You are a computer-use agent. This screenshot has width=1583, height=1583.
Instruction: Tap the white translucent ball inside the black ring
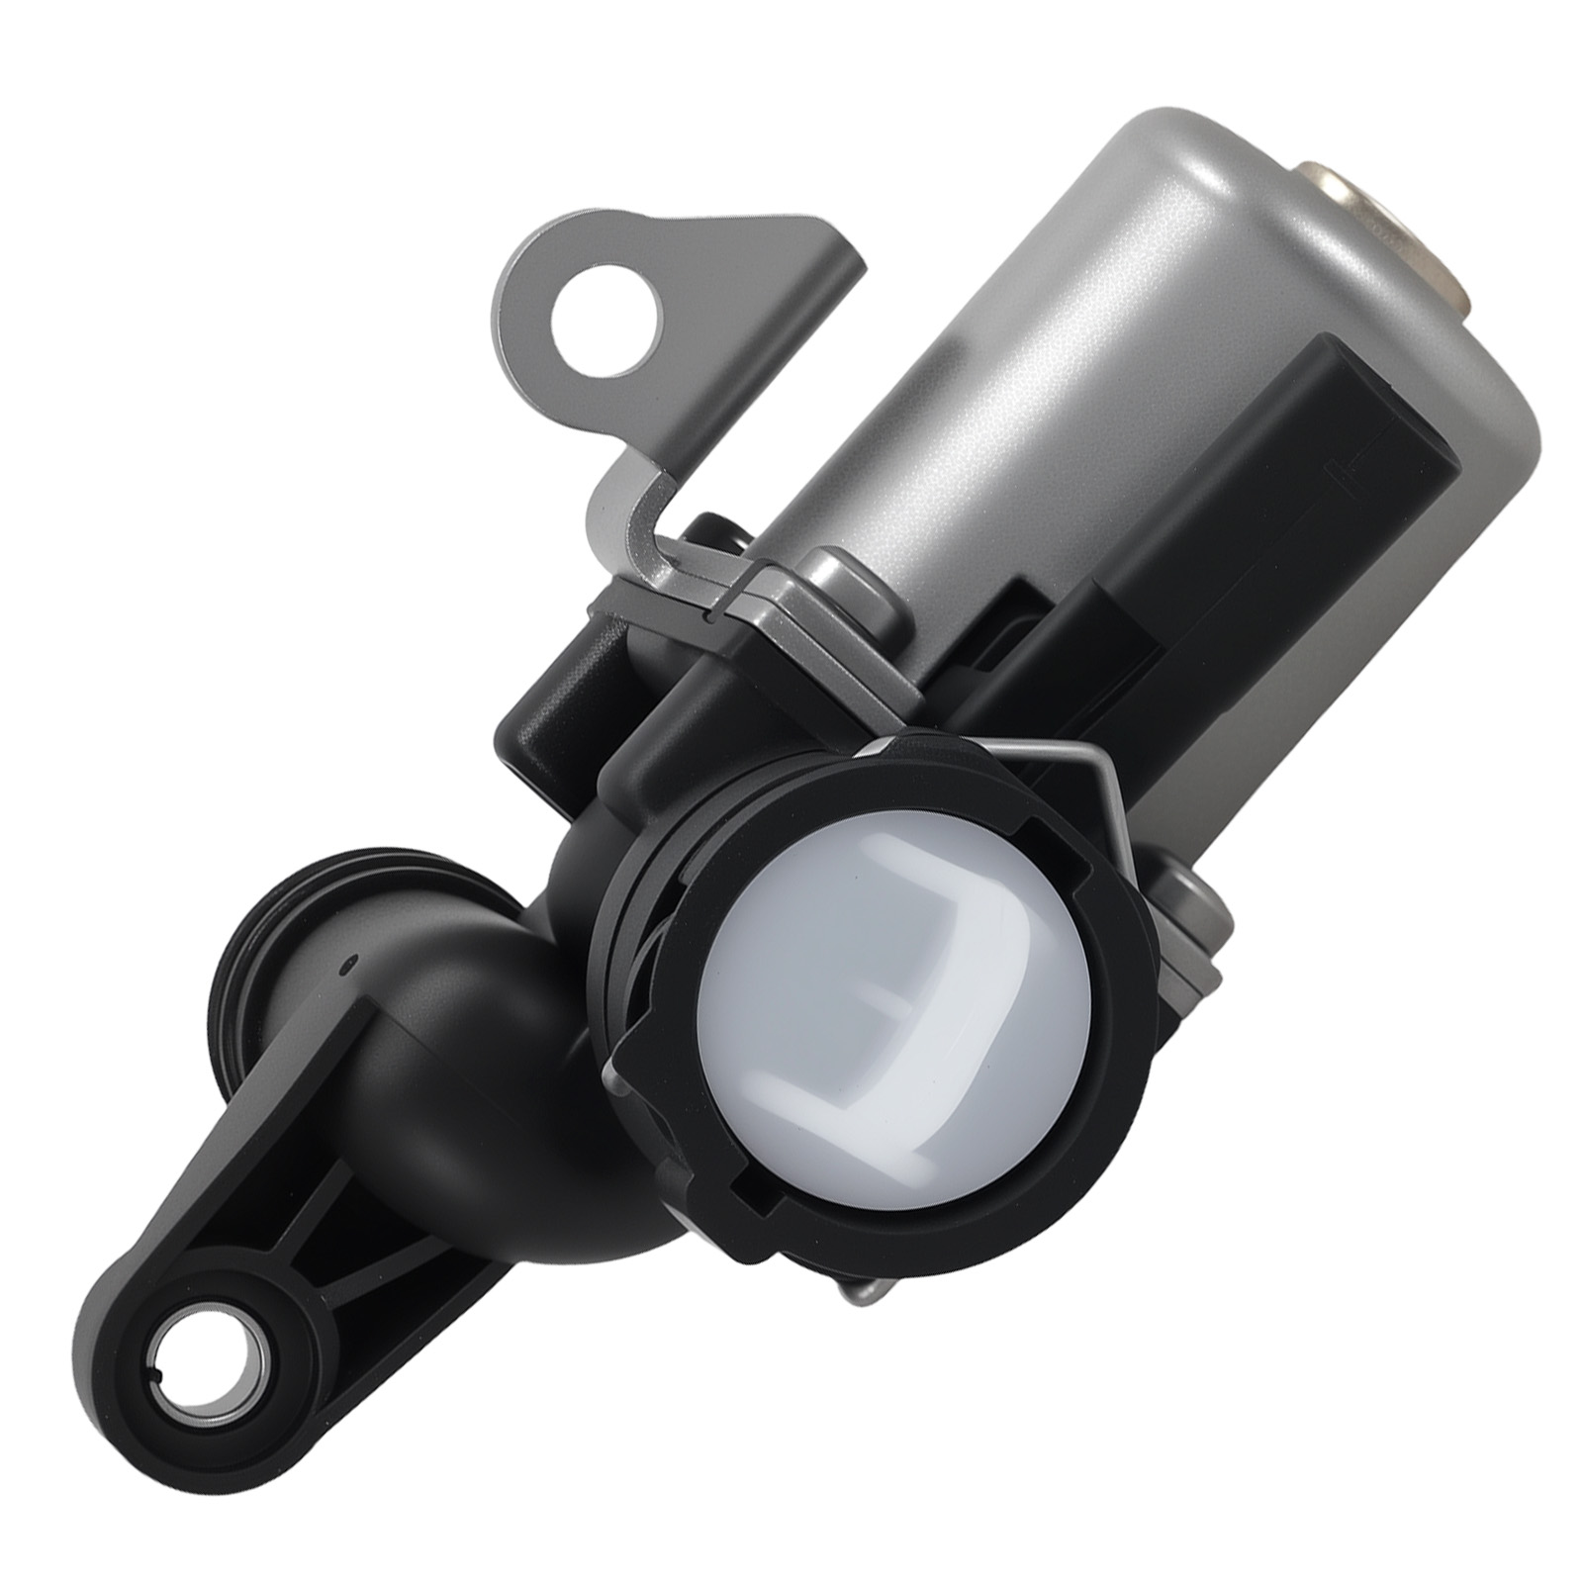pos(900,999)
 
